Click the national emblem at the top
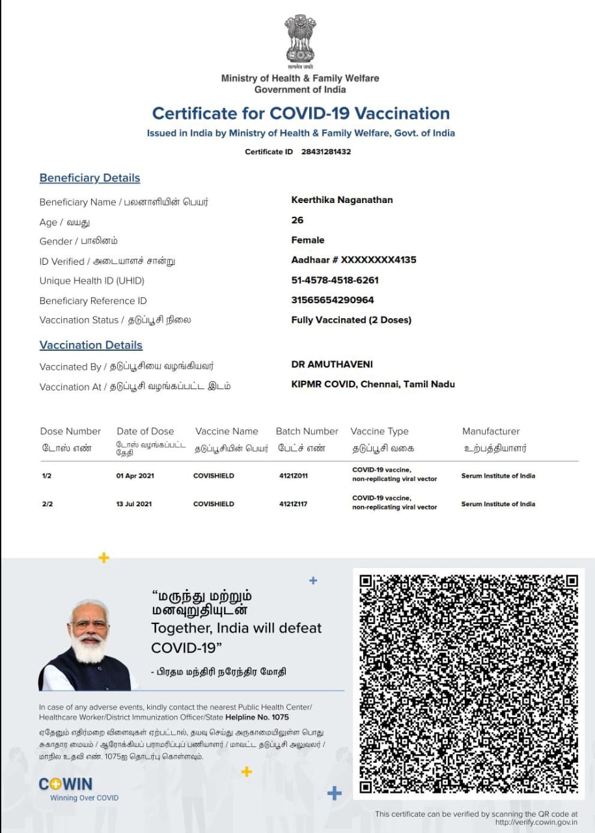pos(299,40)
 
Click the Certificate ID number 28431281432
pos(326,152)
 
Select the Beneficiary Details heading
pos(90,178)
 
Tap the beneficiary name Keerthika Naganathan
pos(342,200)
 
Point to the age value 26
pos(297,220)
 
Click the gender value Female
pos(308,240)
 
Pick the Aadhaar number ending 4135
pos(353,260)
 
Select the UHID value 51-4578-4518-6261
pos(335,280)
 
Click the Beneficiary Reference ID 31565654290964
pos(333,300)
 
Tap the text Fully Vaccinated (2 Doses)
pos(351,320)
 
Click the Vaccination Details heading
pos(91,345)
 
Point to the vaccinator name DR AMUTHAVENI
pos(332,364)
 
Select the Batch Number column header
pos(307,431)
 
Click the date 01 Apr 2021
pos(133,476)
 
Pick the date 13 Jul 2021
pos(133,504)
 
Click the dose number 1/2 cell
pos(47,476)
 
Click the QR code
pos(469,683)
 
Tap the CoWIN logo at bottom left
pos(66,784)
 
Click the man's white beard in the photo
pos(90,648)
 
